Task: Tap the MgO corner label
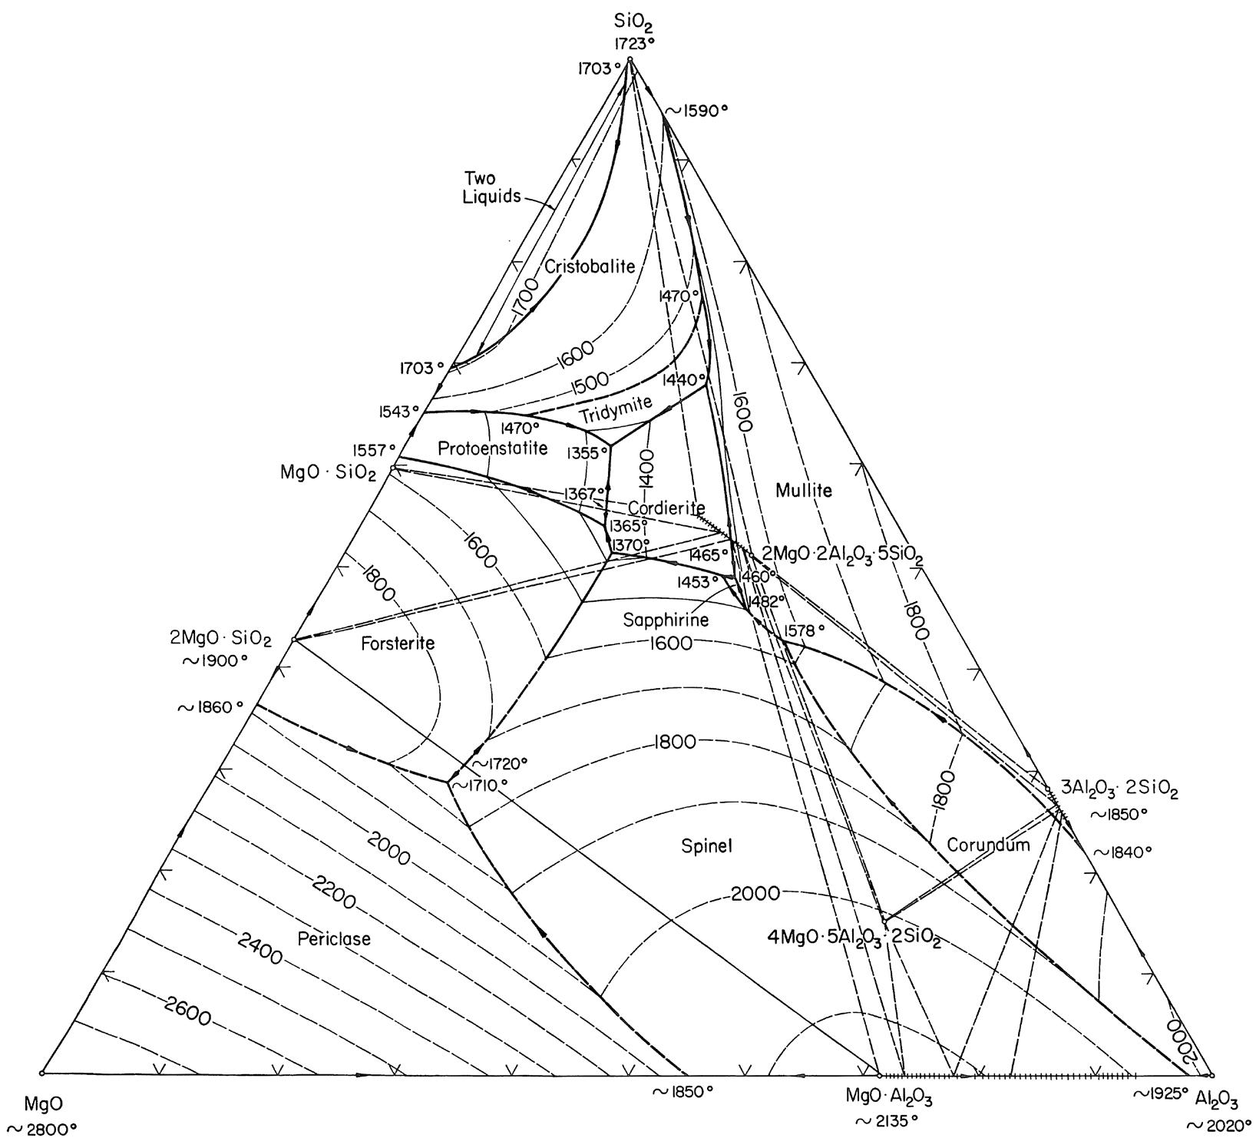pos(39,1104)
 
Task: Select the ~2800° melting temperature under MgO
pos(42,1129)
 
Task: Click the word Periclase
pos(333,938)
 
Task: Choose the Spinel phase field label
pos(707,846)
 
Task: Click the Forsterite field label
pos(398,643)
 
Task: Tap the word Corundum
pos(987,845)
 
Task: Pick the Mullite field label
pos(803,490)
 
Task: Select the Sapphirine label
pos(666,619)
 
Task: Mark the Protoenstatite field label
pos(493,448)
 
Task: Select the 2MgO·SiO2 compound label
pos(220,638)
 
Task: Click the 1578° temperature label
pos(804,630)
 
